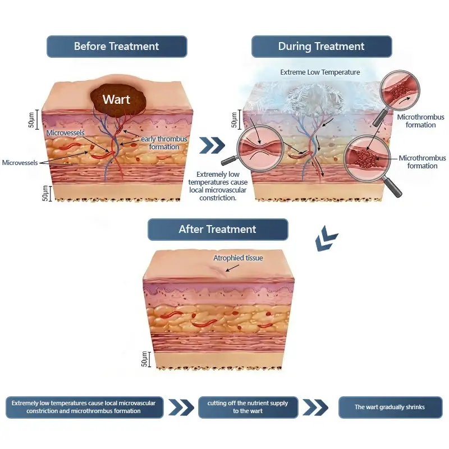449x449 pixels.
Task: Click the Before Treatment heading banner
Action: pos(116,47)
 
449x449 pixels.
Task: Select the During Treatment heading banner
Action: pos(321,47)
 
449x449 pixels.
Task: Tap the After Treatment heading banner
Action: pos(217,230)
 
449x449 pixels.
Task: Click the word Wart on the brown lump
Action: pos(116,100)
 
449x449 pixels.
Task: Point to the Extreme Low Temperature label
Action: pos(320,72)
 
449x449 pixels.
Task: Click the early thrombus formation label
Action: pos(164,143)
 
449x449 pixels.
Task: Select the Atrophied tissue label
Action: pos(238,258)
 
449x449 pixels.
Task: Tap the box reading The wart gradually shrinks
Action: pos(390,407)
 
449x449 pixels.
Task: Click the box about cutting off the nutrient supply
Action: pos(248,407)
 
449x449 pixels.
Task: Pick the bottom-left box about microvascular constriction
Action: pos(84,407)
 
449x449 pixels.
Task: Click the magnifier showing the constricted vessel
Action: pos(259,147)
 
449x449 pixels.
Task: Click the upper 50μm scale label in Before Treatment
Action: pos(32,118)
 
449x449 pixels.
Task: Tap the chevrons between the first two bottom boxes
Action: pos(181,407)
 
